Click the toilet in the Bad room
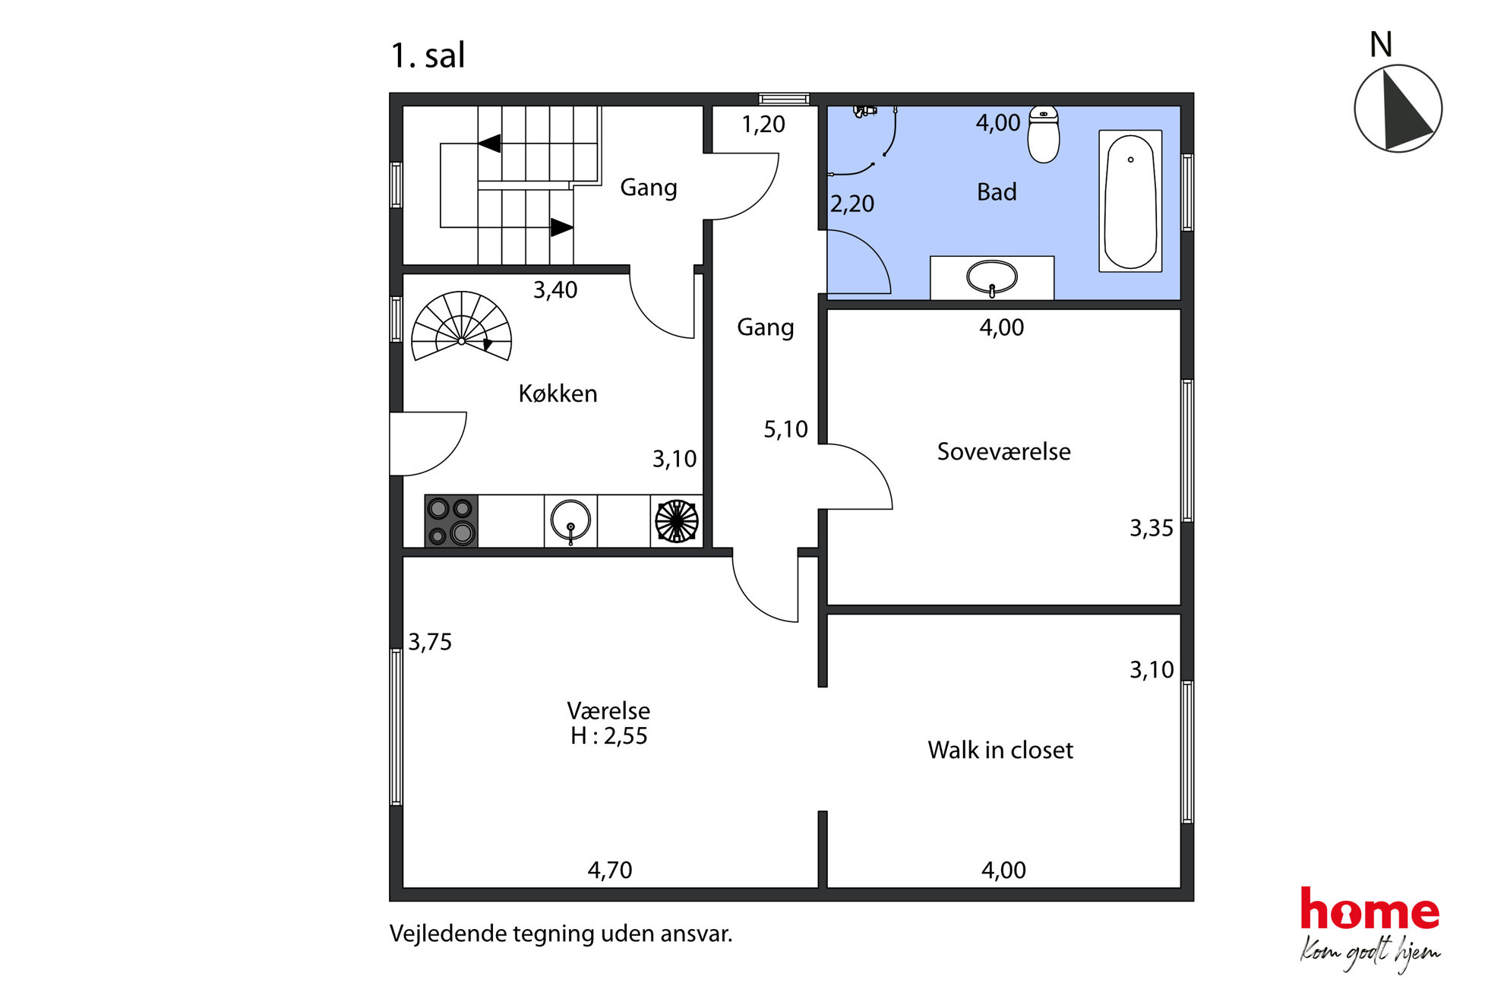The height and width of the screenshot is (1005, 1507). click(1044, 134)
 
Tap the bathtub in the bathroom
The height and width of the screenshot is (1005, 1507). click(1130, 201)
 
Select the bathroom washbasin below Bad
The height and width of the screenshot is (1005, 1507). click(992, 278)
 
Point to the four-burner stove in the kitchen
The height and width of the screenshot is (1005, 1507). click(451, 521)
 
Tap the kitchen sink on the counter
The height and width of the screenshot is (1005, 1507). click(570, 521)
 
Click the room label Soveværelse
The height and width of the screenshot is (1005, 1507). click(1003, 451)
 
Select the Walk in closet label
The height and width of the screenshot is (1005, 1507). click(1000, 750)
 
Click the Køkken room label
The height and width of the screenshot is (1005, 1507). click(558, 393)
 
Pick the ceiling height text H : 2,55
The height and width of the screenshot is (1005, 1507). click(608, 736)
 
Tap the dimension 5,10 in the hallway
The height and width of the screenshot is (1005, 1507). click(785, 430)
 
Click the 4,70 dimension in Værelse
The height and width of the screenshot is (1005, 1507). click(609, 870)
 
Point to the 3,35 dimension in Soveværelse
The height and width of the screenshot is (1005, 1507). click(1151, 528)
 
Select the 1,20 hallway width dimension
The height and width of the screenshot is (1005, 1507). click(763, 125)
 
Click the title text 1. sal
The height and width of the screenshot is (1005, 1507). click(427, 55)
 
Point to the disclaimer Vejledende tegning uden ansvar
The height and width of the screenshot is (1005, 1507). click(561, 934)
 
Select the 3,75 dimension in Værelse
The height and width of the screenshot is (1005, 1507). click(430, 642)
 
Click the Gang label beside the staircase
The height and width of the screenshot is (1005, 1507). click(648, 188)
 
